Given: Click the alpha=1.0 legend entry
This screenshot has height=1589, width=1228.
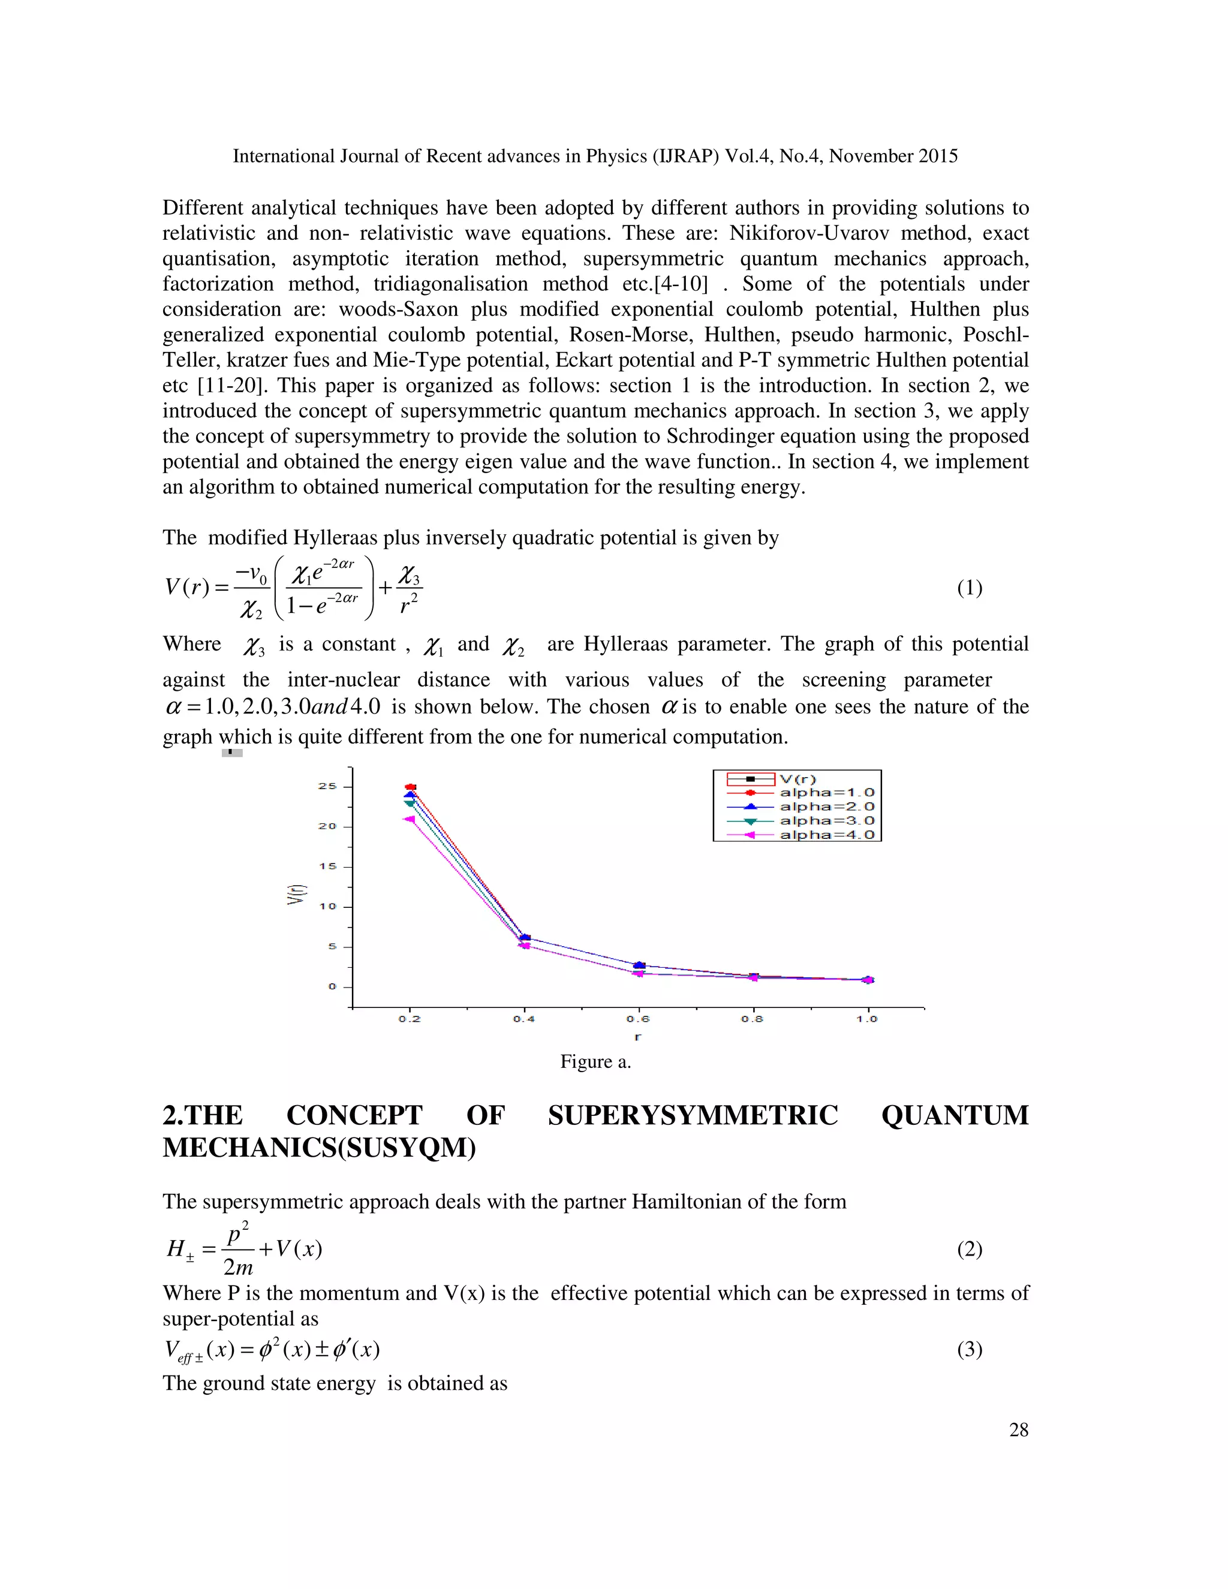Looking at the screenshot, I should click(826, 792).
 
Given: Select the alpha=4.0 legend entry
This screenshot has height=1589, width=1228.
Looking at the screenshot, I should click(826, 835).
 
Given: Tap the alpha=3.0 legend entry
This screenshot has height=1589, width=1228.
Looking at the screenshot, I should click(826, 821).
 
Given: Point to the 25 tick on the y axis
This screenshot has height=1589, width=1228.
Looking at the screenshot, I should click(327, 787).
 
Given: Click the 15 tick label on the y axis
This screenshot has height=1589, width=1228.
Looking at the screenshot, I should click(327, 866).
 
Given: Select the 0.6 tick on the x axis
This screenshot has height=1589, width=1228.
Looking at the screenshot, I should click(638, 1019).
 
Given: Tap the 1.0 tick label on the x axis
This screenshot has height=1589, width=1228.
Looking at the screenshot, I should click(866, 1019).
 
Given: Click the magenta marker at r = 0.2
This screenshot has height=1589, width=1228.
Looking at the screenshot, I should click(410, 819).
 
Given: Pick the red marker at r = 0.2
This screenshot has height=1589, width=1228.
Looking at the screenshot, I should click(410, 787).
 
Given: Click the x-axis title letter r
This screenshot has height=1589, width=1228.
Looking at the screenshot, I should click(638, 1037).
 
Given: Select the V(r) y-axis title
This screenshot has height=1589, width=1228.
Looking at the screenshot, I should click(296, 894).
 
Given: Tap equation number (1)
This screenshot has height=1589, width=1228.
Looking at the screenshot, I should click(969, 588).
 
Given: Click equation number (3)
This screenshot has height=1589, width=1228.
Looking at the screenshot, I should click(969, 1350).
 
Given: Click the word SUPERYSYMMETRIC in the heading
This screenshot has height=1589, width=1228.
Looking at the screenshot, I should click(693, 1115).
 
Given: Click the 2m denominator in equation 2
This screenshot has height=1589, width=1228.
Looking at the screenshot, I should click(238, 1268).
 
